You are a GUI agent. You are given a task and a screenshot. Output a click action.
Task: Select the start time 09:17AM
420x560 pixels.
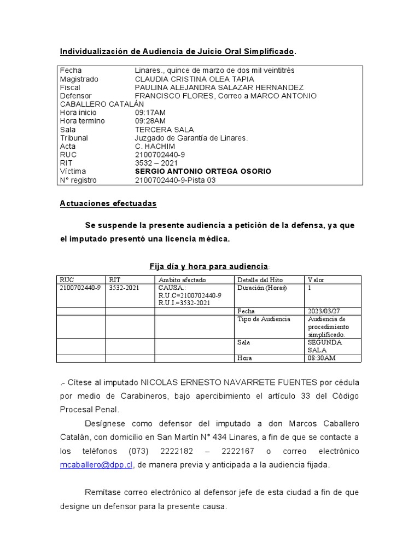150,113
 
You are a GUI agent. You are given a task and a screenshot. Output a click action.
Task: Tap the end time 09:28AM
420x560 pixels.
150,121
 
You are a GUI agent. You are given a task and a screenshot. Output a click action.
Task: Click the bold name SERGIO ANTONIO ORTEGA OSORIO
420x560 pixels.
203,172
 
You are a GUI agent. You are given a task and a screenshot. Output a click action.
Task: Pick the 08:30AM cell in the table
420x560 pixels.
322,358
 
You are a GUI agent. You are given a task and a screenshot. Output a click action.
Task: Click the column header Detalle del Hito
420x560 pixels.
260,280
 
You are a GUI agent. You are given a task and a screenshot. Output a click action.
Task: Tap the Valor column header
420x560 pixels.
316,280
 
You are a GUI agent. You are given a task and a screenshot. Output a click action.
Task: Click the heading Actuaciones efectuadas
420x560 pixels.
108,203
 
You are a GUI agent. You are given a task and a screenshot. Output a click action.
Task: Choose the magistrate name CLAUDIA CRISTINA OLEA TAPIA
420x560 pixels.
194,79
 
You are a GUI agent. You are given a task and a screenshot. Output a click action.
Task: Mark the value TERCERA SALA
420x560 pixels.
164,130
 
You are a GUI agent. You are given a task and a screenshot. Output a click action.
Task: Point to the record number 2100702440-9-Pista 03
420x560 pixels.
175,180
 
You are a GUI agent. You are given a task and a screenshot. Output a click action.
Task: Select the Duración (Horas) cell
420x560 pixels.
262,288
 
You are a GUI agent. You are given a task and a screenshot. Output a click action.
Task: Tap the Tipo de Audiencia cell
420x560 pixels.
264,319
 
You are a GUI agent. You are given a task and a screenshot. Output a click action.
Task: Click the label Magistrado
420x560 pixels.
79,79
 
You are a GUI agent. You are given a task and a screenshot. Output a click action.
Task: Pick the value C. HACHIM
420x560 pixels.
155,147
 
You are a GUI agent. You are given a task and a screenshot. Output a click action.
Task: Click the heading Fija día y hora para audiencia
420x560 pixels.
209,266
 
